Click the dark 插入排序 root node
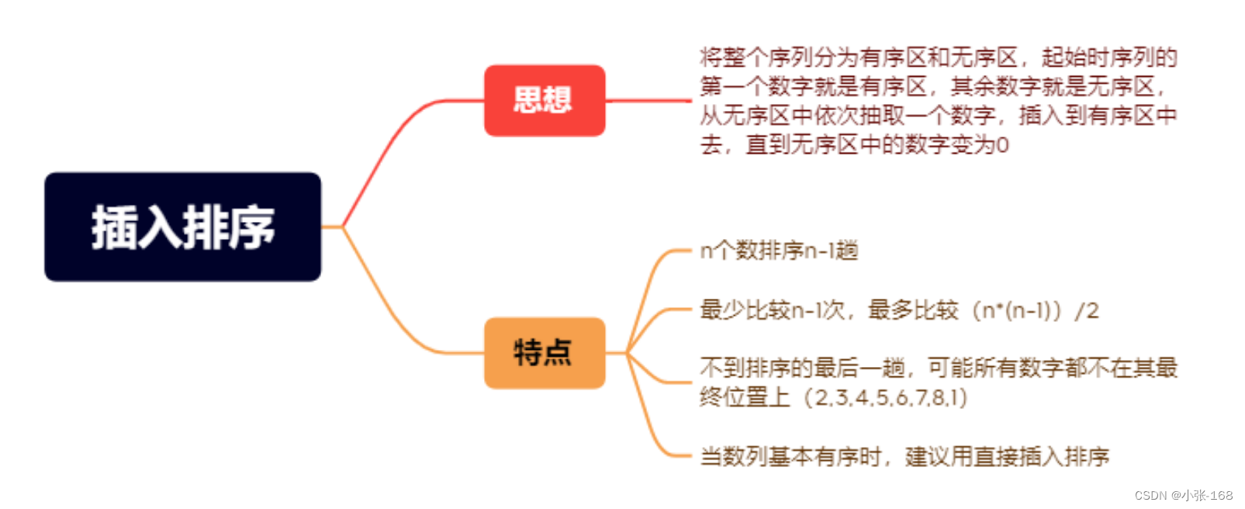coord(182,227)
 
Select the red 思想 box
coord(544,101)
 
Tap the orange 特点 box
coord(544,353)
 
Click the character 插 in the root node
coord(115,227)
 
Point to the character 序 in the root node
coord(251,227)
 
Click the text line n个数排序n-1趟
coord(779,251)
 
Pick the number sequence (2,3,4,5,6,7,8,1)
coord(885,398)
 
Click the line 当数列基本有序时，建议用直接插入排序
coord(904,456)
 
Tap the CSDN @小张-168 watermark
coord(1183,495)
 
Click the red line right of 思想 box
coord(648,101)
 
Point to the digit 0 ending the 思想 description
coord(1002,145)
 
